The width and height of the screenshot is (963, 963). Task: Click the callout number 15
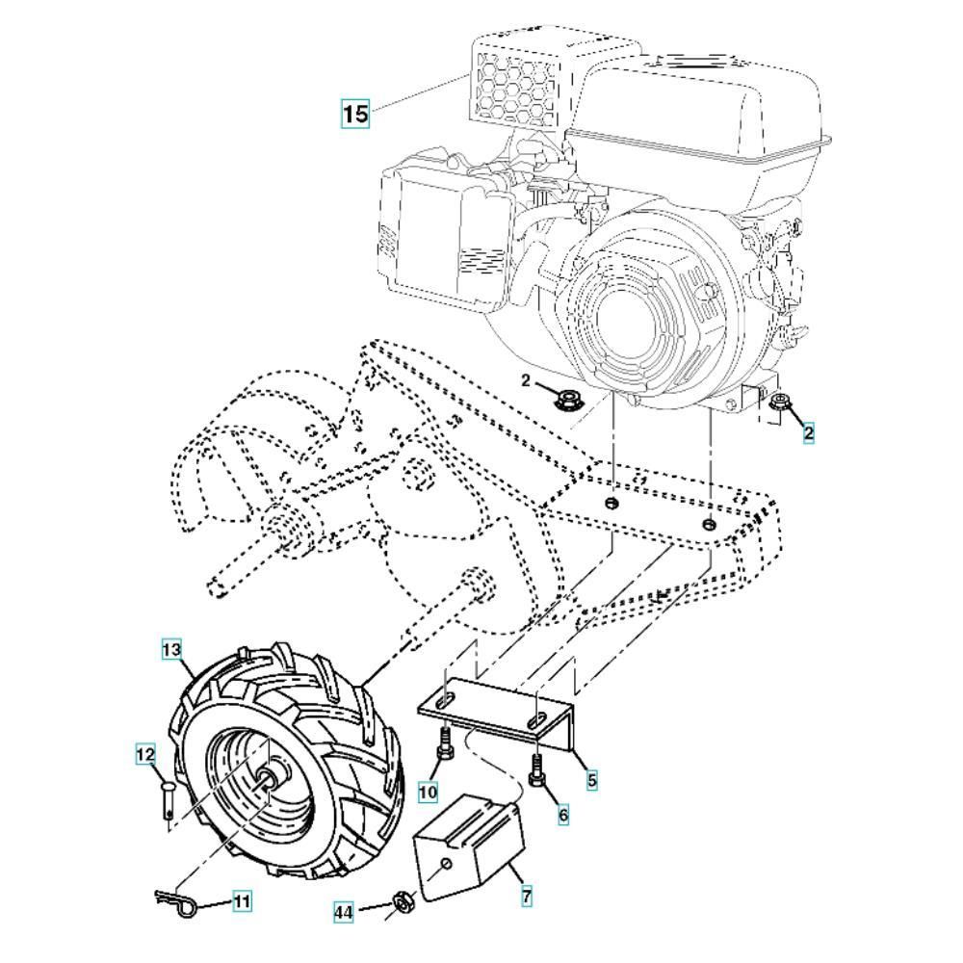point(355,113)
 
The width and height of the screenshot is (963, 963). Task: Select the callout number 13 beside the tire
point(171,650)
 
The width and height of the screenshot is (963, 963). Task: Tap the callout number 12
point(144,757)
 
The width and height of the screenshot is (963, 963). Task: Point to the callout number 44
point(345,910)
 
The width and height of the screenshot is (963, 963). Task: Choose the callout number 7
point(527,897)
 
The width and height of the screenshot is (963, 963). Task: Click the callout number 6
point(562,815)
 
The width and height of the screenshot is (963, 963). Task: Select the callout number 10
point(428,792)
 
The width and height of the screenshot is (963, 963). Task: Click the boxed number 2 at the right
point(808,433)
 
